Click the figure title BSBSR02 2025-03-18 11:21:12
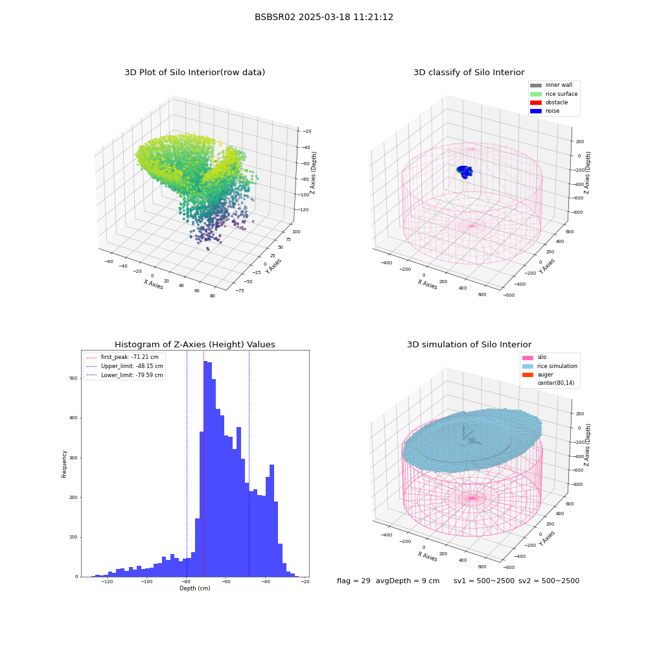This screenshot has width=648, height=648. (x=323, y=17)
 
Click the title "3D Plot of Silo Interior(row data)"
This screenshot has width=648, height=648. (x=194, y=73)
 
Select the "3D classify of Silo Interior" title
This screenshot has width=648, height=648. (x=469, y=73)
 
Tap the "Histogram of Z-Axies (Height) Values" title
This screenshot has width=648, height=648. (x=194, y=345)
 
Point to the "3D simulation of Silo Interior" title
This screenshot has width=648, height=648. (x=469, y=345)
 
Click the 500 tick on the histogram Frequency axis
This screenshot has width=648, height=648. (x=74, y=378)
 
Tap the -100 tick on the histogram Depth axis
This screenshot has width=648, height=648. (x=146, y=582)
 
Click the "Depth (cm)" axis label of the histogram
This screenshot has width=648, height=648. (x=194, y=588)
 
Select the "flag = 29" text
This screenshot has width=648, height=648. (x=353, y=581)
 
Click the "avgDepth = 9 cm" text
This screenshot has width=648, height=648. (x=408, y=581)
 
